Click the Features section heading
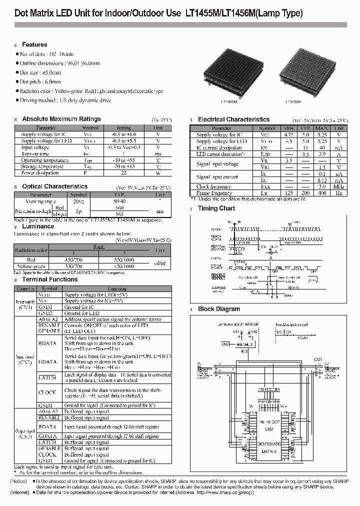click(34, 44)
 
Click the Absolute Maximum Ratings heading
click(61, 119)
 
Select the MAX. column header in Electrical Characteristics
click(321, 128)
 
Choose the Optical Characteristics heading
click(55, 186)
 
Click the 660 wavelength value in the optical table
click(119, 207)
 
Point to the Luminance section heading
click(38, 226)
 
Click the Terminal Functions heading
click(50, 279)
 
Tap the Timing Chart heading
click(216, 208)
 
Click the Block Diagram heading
click(219, 309)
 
